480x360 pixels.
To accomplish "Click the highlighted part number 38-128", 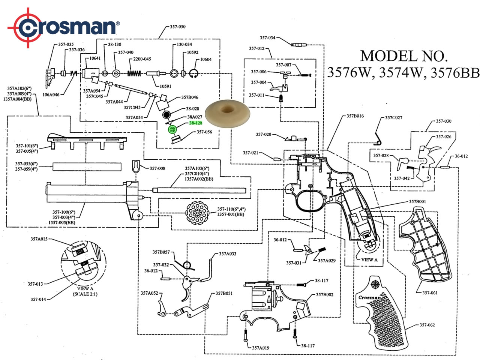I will click(195, 123).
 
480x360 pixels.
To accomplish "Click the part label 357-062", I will click(427, 325).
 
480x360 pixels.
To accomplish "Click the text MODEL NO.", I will click(404, 56).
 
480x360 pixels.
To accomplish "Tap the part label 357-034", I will click(267, 38).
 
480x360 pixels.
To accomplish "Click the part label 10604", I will click(206, 60).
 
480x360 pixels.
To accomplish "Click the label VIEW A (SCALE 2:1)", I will click(85, 291).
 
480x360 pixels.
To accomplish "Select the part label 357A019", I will click(260, 348).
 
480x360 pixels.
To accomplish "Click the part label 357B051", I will click(224, 294).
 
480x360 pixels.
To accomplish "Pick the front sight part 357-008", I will click(136, 166).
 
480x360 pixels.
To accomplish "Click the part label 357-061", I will click(430, 293).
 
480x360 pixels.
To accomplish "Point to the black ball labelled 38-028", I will click(167, 115).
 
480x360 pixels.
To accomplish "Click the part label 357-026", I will click(444, 137).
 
